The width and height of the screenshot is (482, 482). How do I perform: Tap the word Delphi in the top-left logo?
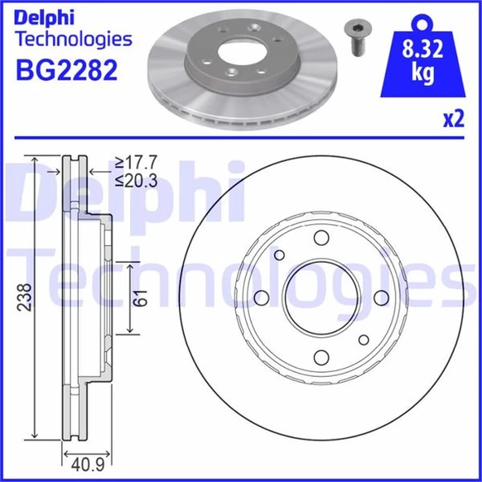pos(46,15)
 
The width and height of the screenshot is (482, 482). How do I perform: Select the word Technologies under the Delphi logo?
pos(73,38)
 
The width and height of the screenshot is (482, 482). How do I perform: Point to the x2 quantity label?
pos(453,120)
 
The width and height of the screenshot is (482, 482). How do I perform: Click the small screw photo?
pos(354,37)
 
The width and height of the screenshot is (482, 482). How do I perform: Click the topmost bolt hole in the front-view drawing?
pos(321,238)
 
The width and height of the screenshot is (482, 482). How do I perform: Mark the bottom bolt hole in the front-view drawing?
pos(321,356)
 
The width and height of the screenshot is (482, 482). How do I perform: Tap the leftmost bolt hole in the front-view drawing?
pos(261,297)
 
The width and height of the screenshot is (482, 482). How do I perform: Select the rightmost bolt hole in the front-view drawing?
pos(380,297)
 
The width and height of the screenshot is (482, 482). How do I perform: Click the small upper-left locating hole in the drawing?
pos(279,256)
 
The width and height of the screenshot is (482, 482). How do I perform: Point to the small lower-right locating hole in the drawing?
pos(362,339)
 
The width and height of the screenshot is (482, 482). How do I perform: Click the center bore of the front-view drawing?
pos(321,297)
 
